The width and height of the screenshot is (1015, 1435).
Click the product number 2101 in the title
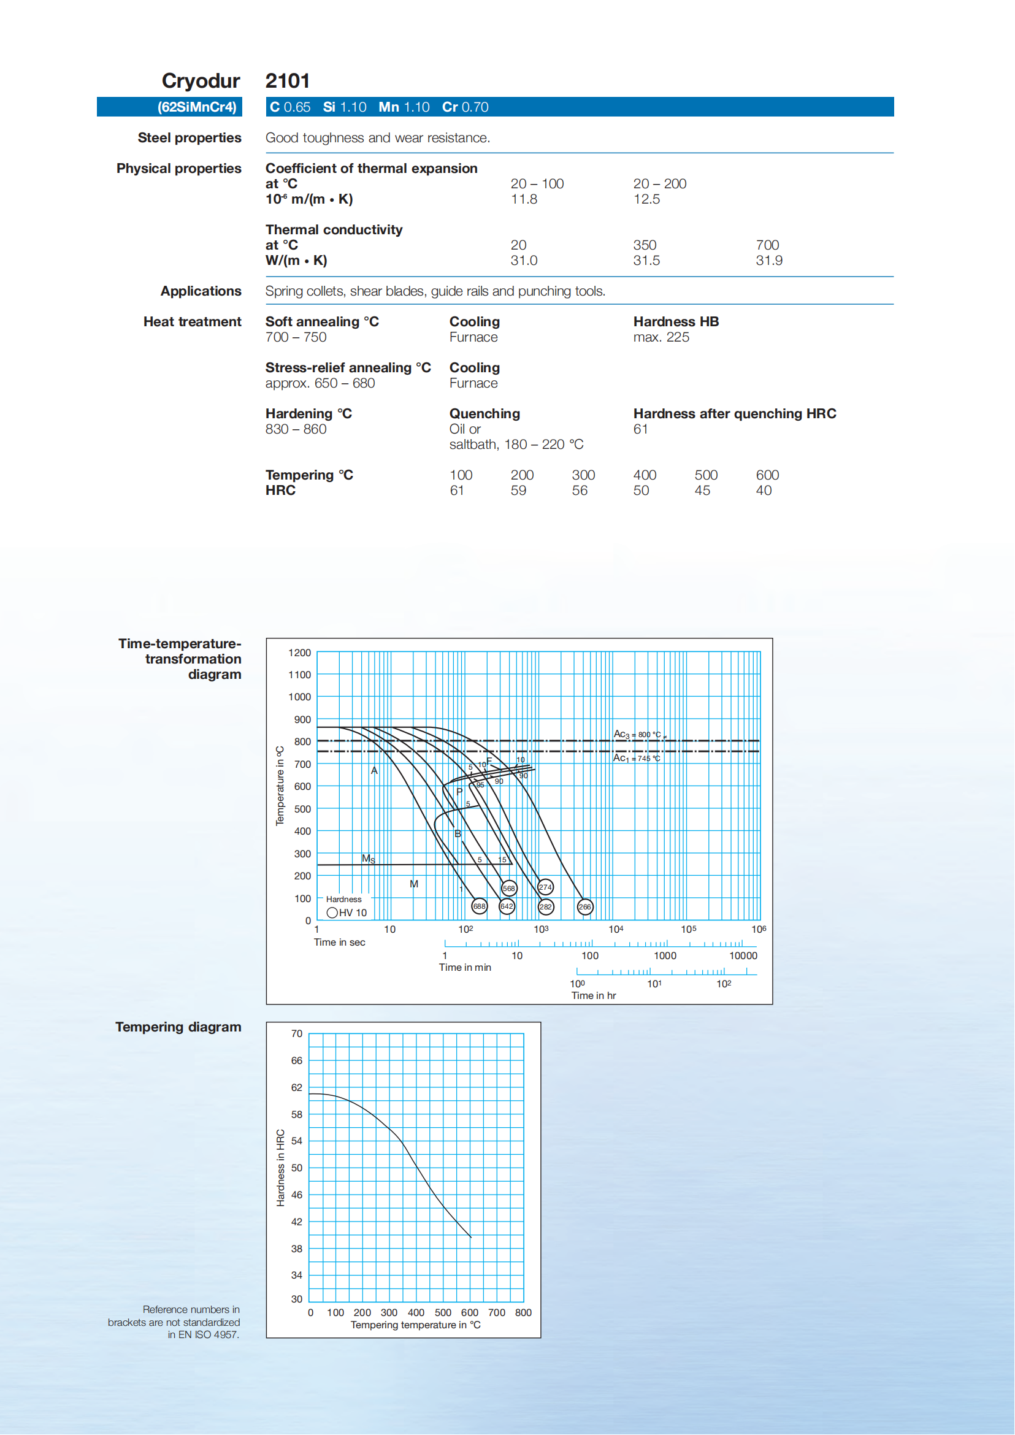[287, 81]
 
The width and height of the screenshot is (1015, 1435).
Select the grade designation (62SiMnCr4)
[197, 107]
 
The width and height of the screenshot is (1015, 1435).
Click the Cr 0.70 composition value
[465, 107]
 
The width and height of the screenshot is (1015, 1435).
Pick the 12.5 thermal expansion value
[646, 199]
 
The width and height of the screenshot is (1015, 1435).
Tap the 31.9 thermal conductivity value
[768, 261]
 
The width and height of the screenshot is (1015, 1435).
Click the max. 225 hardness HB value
[661, 337]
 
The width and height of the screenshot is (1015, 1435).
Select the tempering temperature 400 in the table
[645, 475]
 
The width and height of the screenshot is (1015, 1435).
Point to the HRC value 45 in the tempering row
[702, 491]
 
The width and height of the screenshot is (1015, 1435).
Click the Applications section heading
[201, 291]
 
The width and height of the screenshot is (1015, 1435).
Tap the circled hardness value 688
[480, 906]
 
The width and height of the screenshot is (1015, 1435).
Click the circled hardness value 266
[584, 907]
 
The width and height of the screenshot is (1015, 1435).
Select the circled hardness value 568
[509, 888]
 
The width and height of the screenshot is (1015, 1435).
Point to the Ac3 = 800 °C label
[637, 735]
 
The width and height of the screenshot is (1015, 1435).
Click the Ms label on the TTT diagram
[368, 859]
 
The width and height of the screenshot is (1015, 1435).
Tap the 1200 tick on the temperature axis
[299, 653]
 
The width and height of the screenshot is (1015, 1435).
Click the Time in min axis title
[464, 968]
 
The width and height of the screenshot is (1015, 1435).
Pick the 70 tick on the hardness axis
[297, 1034]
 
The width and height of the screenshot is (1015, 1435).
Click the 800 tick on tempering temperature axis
[523, 1312]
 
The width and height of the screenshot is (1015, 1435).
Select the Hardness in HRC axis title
[281, 1167]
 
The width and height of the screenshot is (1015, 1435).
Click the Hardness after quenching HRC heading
[734, 414]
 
